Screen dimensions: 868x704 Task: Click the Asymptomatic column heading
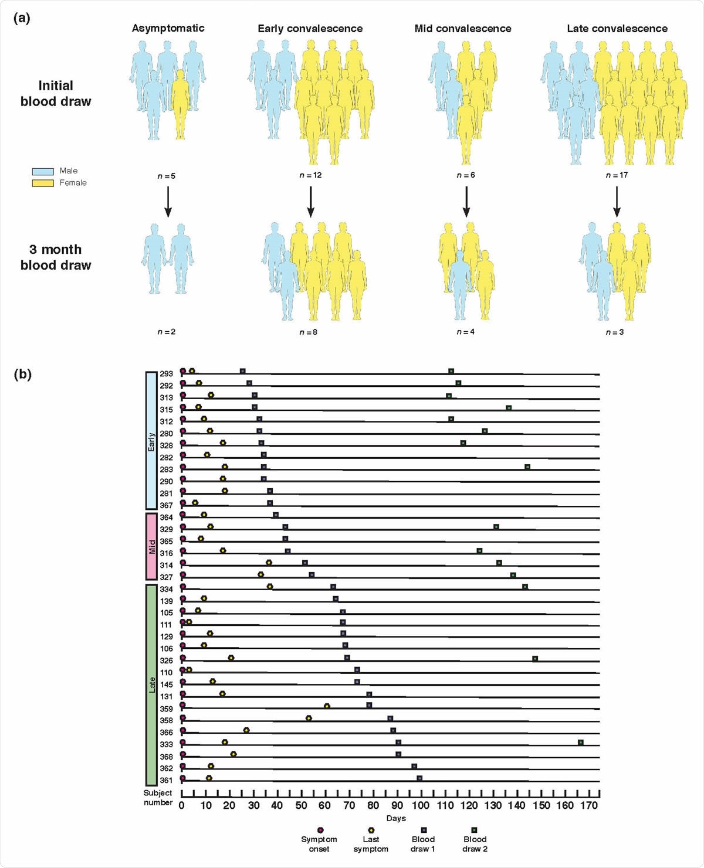click(x=168, y=28)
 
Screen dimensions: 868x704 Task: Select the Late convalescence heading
click(x=617, y=29)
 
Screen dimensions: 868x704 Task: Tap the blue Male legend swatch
click(x=43, y=171)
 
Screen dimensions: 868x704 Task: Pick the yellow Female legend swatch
click(x=43, y=183)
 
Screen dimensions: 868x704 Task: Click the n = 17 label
click(x=616, y=175)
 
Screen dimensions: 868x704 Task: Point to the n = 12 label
click(x=310, y=175)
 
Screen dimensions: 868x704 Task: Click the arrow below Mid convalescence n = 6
click(x=466, y=202)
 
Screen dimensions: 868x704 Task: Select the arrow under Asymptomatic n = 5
click(x=168, y=202)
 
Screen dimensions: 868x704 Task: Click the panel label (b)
click(x=22, y=374)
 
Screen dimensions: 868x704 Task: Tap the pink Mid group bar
click(x=151, y=546)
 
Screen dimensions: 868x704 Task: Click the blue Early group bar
click(x=151, y=440)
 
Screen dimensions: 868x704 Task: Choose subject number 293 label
click(x=166, y=374)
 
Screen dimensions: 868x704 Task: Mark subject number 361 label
click(x=166, y=780)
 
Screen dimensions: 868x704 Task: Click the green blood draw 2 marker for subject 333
click(x=580, y=743)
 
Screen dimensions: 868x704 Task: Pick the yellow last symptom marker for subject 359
click(x=327, y=706)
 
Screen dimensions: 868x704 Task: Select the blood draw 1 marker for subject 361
click(x=419, y=778)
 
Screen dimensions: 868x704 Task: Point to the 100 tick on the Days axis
click(x=420, y=805)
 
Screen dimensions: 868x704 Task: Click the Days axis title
click(x=396, y=818)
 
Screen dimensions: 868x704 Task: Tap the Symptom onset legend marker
click(x=320, y=830)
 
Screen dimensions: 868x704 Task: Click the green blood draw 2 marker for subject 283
click(x=527, y=467)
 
